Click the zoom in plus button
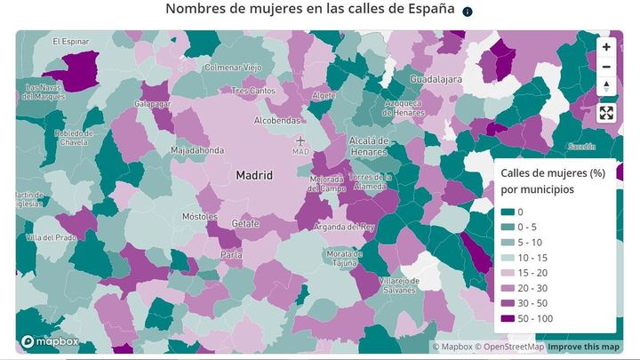click(606, 47)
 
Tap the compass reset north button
click(606, 86)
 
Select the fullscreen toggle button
click(606, 113)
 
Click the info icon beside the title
click(468, 12)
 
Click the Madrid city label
click(253, 176)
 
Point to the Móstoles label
click(199, 216)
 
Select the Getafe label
click(245, 223)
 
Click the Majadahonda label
click(197, 150)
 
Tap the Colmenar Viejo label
click(233, 68)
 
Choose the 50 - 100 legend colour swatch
click(508, 318)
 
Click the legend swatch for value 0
click(508, 212)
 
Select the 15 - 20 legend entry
click(524, 272)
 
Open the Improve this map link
click(585, 347)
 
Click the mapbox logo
click(52, 341)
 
